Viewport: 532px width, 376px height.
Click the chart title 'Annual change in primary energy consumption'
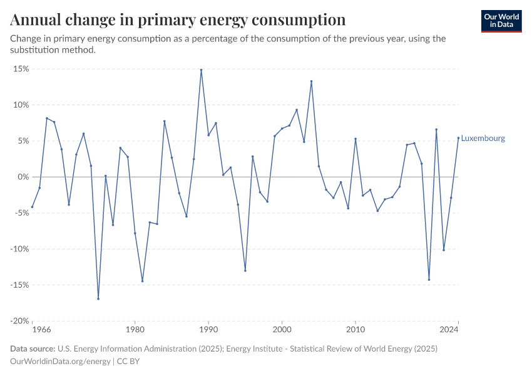[x=178, y=19]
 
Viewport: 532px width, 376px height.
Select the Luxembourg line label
[x=483, y=138]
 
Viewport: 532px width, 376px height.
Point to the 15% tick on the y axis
[x=21, y=69]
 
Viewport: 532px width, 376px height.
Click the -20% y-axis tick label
[x=19, y=321]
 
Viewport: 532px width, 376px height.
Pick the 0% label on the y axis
[x=23, y=177]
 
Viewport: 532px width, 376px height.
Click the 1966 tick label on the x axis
[x=41, y=329]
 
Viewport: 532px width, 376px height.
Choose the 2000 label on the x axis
[x=282, y=329]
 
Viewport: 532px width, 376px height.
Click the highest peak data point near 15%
[x=201, y=70]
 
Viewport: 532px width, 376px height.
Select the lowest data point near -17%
[x=98, y=298]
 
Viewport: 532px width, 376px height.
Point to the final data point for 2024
[x=458, y=138]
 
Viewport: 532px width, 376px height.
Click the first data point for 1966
[x=32, y=207]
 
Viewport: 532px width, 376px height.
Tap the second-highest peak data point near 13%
[x=311, y=81]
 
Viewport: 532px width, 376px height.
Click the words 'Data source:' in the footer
[x=33, y=348]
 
